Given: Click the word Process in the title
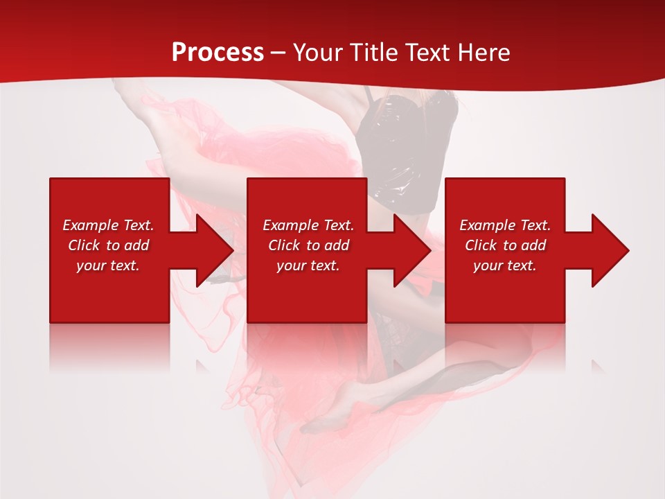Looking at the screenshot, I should [x=218, y=53].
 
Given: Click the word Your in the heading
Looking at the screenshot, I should [x=317, y=53].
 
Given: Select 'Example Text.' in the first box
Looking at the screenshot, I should [x=108, y=225].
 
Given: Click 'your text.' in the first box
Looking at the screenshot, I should [x=108, y=265].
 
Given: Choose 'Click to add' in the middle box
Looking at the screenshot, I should [x=308, y=245].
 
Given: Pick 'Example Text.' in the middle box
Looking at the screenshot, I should [x=308, y=225].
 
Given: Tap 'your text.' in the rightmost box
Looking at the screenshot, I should [x=505, y=265].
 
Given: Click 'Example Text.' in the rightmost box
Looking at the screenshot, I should [x=505, y=225].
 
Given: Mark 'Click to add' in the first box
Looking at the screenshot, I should [x=108, y=245].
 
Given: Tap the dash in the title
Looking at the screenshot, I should [x=278, y=53].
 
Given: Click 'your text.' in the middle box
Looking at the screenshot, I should [x=308, y=265].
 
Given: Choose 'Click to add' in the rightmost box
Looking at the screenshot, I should [x=505, y=245].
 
